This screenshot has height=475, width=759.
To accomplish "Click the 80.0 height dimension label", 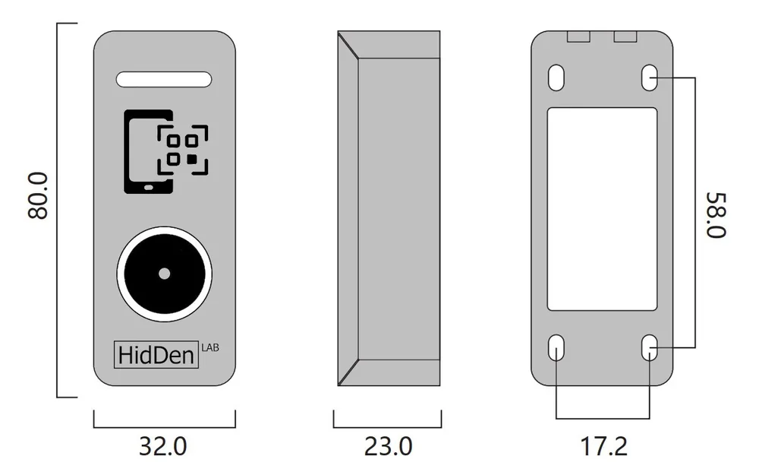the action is tap(38, 195).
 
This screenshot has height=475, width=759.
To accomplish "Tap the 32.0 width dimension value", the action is tap(162, 446).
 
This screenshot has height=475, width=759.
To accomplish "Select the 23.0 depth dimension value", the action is tap(388, 446).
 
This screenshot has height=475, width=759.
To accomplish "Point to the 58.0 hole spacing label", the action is tap(716, 215).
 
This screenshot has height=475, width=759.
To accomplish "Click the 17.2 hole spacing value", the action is tap(603, 446).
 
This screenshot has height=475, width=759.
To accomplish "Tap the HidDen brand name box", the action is tap(156, 354).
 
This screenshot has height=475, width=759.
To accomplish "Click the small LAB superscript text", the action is tap(210, 347).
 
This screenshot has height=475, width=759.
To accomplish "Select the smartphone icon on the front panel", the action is tap(148, 152).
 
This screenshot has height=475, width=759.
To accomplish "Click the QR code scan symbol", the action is tap(182, 150).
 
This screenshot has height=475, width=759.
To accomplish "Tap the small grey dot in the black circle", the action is tap(165, 274).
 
